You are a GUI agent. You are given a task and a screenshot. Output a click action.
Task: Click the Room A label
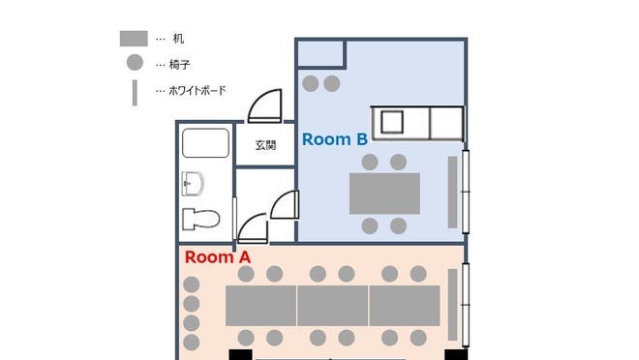[x=218, y=257]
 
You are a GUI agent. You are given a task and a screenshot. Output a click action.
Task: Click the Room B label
[x=334, y=139]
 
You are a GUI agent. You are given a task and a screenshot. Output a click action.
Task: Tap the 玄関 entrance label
[x=265, y=146]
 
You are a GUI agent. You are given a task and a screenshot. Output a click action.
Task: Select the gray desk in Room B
[x=384, y=194]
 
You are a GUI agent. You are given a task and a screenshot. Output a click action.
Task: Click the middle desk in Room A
[x=332, y=305]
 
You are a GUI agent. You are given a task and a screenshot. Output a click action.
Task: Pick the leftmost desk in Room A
[x=260, y=305]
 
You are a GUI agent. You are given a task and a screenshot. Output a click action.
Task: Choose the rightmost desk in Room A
[x=405, y=305]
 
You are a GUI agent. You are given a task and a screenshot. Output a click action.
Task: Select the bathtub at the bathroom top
[x=205, y=143]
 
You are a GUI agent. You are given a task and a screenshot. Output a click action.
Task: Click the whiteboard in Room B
[x=452, y=192]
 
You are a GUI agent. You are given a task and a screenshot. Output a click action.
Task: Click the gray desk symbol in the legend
[x=134, y=39]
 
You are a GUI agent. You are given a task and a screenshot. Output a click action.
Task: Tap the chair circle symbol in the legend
[x=134, y=63]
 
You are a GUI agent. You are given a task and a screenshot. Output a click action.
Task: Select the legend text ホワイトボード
[x=198, y=91]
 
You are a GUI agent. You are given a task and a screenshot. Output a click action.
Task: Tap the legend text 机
[x=178, y=39]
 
